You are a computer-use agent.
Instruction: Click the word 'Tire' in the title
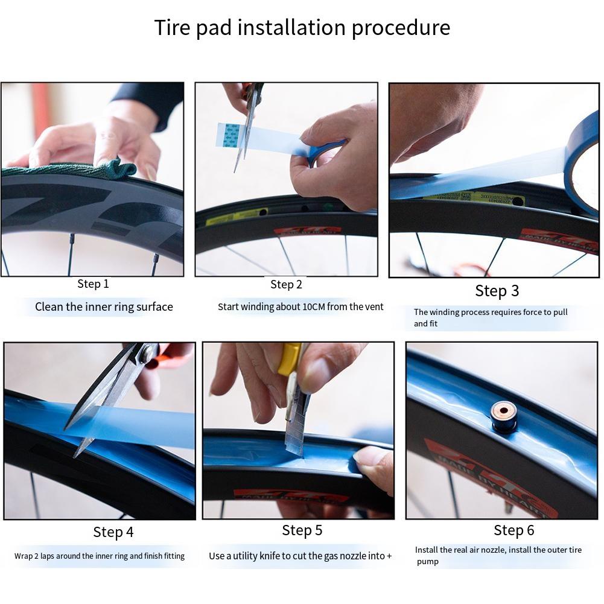[x=171, y=28]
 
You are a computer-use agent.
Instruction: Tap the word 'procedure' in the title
[x=401, y=28]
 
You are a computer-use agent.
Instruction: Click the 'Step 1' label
[x=93, y=284]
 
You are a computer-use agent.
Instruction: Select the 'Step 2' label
[x=286, y=284]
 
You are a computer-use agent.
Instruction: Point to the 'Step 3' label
[x=497, y=291]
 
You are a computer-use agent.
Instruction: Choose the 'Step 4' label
[x=113, y=532]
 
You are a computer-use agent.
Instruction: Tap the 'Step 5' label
[x=302, y=530]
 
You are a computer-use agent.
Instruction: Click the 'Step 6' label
[x=513, y=530]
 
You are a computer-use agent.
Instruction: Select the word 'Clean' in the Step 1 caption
[x=49, y=307]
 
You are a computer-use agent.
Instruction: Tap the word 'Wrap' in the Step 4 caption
[x=24, y=556]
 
